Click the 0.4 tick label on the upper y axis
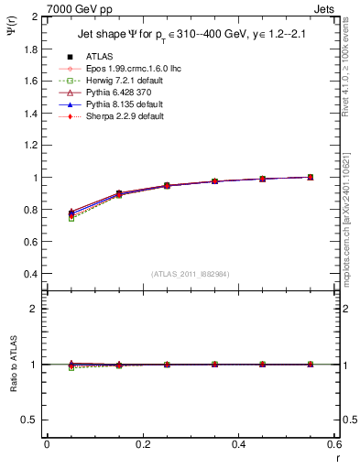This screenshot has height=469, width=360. (28, 274)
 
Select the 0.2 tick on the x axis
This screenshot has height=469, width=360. (142, 443)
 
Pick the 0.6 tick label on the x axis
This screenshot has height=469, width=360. (333, 443)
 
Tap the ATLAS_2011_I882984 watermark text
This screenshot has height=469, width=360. (190, 274)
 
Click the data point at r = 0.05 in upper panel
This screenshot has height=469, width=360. (71, 213)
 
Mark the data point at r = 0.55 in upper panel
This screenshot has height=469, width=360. (310, 177)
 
